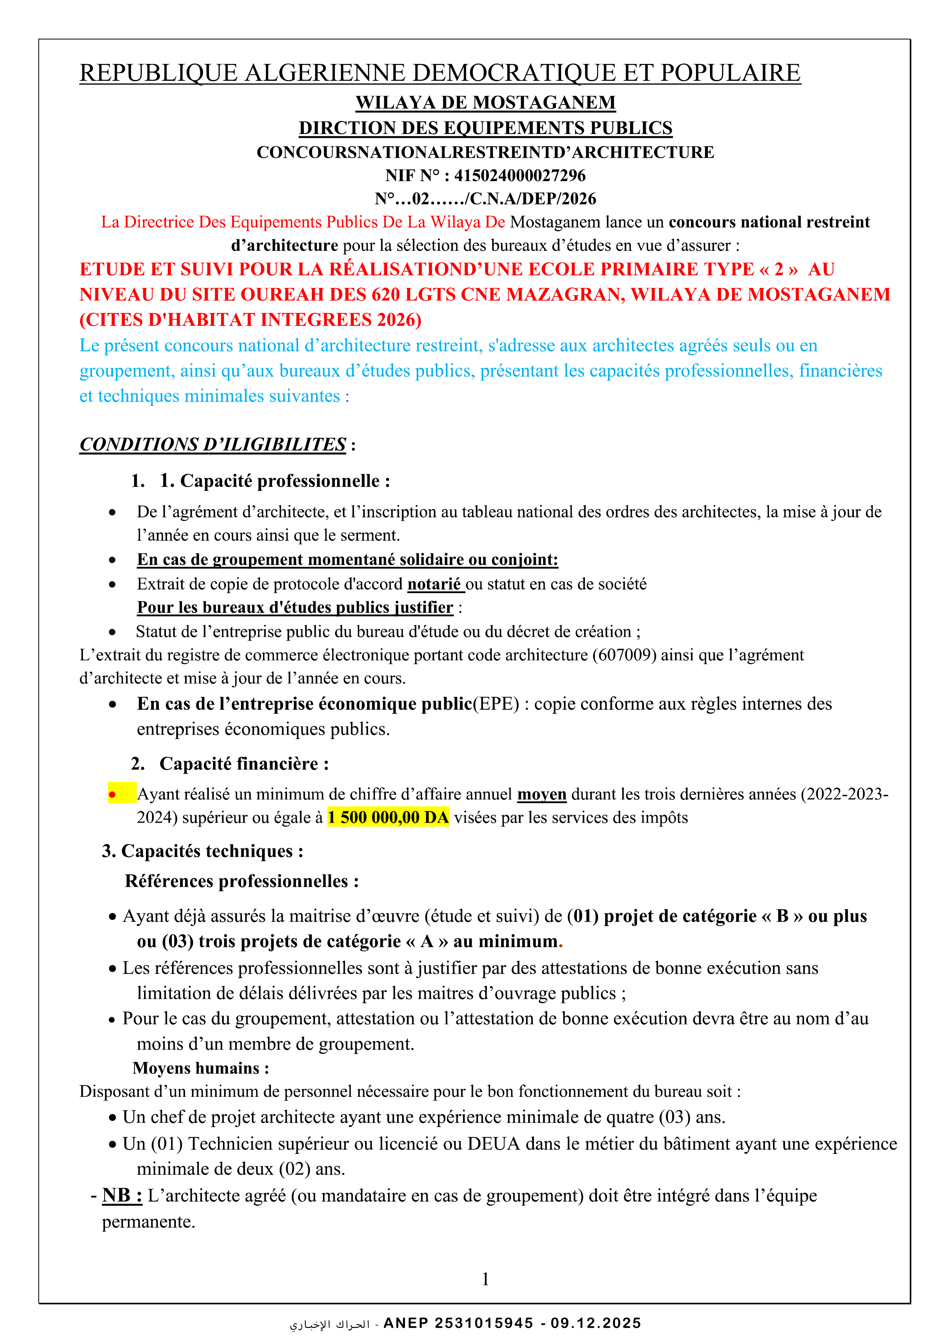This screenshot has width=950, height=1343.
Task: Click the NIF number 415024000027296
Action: click(x=520, y=175)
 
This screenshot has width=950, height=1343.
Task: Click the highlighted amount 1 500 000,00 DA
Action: click(x=388, y=817)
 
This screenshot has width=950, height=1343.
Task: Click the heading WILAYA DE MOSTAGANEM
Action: click(x=485, y=103)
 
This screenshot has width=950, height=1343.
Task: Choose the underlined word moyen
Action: click(x=541, y=794)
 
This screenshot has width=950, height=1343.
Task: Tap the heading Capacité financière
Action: click(x=244, y=764)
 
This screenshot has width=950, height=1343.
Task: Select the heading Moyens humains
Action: click(x=201, y=1068)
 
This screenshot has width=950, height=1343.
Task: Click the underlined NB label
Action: click(x=122, y=1196)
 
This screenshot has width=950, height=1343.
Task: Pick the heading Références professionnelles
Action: click(x=241, y=882)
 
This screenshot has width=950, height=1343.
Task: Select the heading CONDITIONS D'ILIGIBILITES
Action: click(x=213, y=444)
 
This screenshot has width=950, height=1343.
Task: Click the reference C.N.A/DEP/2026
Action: click(x=533, y=199)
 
